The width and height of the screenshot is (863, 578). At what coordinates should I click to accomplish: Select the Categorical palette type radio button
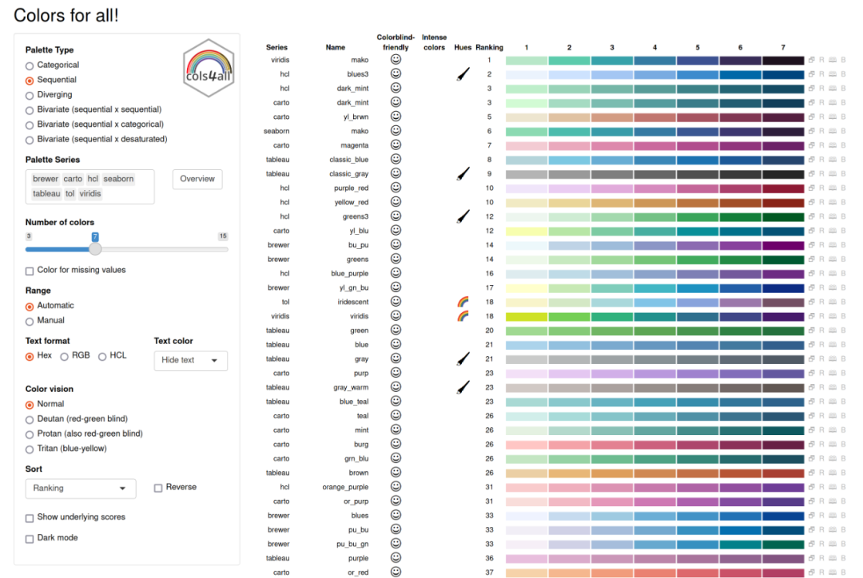point(30,65)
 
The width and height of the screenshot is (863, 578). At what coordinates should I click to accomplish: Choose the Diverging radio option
point(30,95)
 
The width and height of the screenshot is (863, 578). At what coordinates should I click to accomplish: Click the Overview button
point(197,179)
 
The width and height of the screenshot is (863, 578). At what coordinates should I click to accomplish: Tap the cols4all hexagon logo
point(208,67)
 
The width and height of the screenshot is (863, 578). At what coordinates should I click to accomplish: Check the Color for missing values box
point(30,271)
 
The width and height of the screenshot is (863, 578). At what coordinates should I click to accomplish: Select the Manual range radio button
point(30,320)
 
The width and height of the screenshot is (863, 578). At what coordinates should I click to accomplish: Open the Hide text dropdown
point(190,360)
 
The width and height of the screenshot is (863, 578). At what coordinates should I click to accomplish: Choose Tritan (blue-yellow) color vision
point(30,449)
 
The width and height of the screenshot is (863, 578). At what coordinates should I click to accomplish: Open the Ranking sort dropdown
point(81,488)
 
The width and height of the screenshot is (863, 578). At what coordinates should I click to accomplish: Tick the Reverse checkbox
point(158,488)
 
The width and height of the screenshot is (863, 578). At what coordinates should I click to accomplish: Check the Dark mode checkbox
point(30,538)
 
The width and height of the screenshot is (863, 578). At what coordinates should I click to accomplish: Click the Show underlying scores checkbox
point(30,517)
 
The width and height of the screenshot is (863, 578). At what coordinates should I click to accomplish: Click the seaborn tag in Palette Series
point(118,179)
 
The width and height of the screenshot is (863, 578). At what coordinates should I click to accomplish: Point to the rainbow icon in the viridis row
point(463,316)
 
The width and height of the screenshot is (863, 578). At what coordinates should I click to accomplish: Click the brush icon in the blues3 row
point(463,74)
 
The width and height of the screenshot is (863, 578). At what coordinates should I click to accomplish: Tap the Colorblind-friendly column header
point(396,42)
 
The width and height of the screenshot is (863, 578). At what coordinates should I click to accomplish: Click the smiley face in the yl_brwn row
point(396,117)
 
